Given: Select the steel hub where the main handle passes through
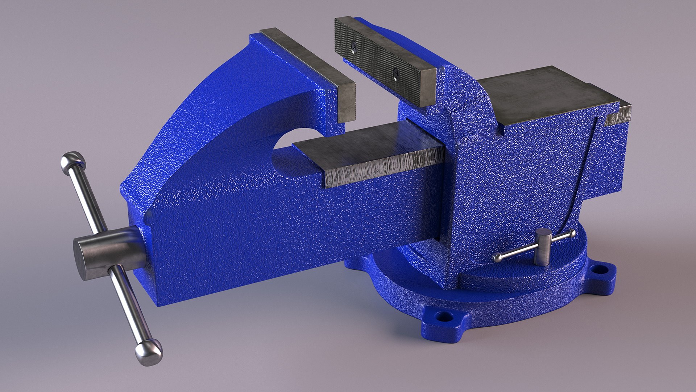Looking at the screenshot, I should pos(105,253).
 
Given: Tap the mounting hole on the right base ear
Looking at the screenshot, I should pos(598,269).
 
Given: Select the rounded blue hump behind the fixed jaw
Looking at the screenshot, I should pos(468,91).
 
